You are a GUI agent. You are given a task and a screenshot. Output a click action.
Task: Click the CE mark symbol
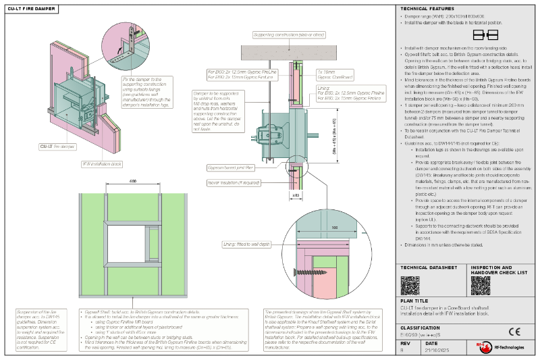coord(514,331)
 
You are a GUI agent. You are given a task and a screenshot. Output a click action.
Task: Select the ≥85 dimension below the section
coord(295,195)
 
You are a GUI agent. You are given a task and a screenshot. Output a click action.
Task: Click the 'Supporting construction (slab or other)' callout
coord(289,34)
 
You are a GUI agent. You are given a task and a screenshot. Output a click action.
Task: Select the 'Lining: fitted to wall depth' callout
coord(247,243)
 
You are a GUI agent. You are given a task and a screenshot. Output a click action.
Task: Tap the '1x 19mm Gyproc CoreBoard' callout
coord(331,73)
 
